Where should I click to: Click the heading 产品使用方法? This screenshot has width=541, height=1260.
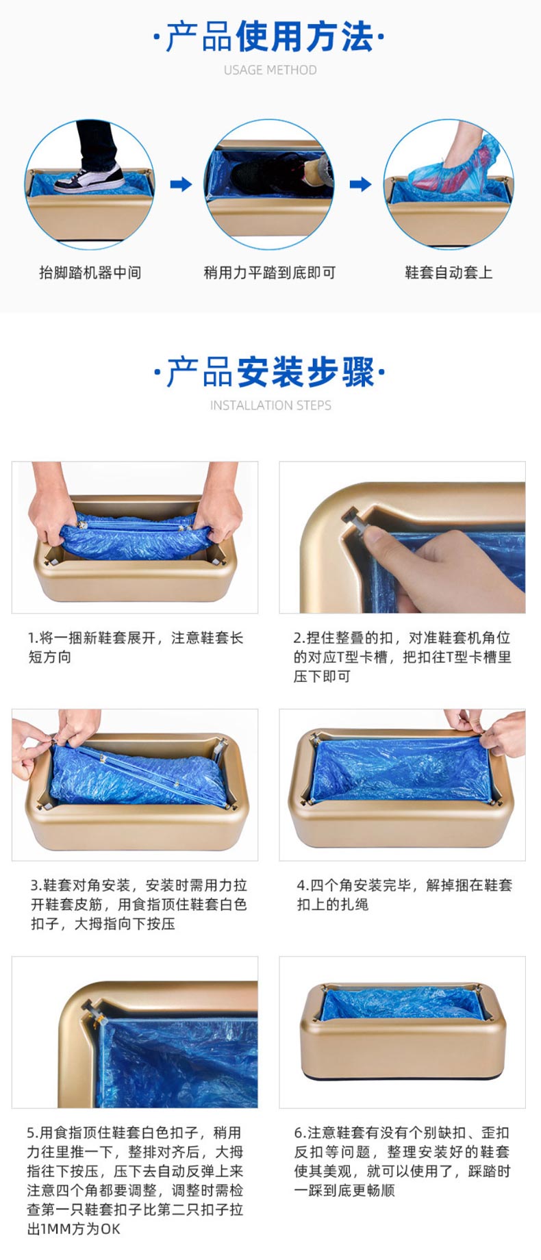tap(270, 37)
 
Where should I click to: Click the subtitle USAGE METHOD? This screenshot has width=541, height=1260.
tap(270, 70)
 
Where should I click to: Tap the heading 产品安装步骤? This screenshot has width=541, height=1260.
tap(270, 372)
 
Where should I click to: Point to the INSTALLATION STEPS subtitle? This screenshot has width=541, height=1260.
tap(270, 405)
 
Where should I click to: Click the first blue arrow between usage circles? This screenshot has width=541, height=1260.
tap(181, 184)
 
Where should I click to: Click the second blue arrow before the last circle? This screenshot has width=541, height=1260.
tap(360, 184)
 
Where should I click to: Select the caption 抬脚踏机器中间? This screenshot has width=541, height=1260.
tap(90, 273)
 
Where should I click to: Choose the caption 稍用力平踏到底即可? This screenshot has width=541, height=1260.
tap(270, 273)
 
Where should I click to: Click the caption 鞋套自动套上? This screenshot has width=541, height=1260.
tap(449, 273)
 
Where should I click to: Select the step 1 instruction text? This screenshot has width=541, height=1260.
tap(136, 647)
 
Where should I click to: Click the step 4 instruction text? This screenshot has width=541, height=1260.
tap(404, 894)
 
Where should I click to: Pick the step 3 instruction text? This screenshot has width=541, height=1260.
tap(138, 904)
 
